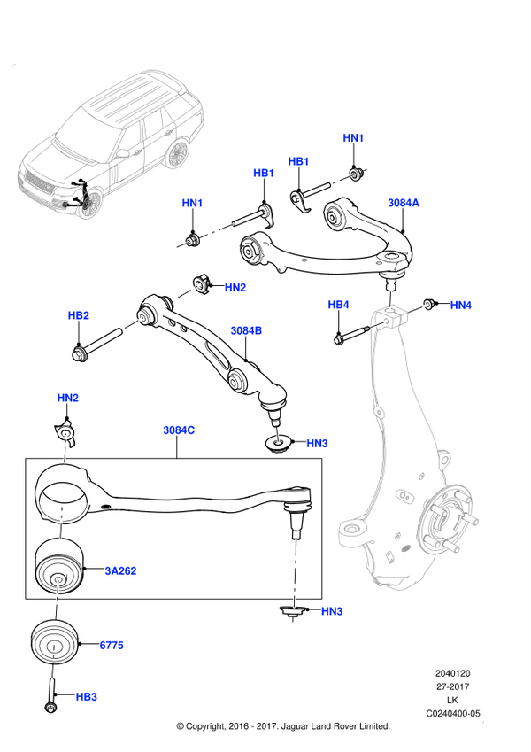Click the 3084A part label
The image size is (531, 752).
click(x=404, y=203)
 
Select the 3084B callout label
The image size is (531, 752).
click(x=247, y=330)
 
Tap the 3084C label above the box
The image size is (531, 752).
click(x=179, y=430)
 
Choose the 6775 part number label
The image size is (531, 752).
click(x=111, y=646)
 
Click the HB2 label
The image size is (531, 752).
click(x=79, y=315)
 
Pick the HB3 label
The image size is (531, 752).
click(x=86, y=697)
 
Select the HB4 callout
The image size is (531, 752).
click(x=339, y=306)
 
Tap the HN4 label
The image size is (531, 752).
click(x=461, y=306)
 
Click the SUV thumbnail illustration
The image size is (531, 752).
click(x=111, y=142)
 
